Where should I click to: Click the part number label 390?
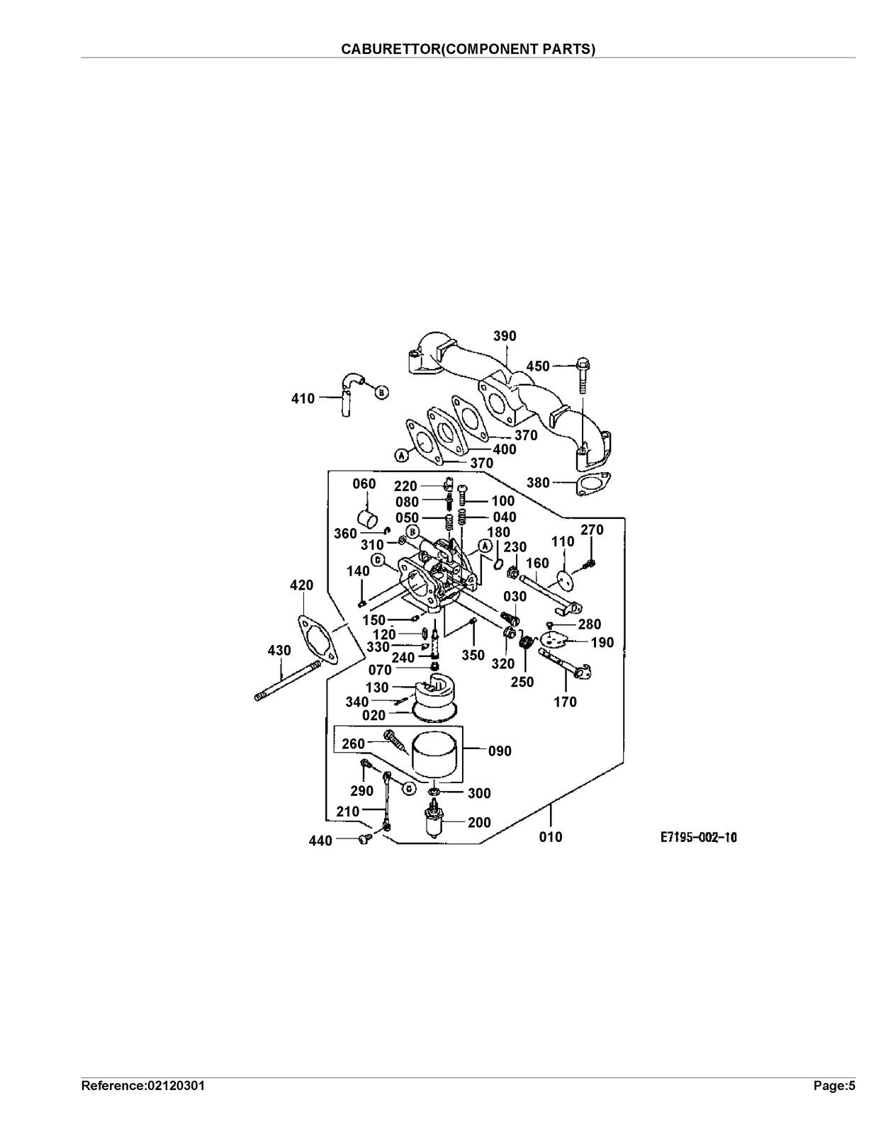coord(505,336)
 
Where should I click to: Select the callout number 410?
coord(303,399)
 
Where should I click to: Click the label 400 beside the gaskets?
coord(505,449)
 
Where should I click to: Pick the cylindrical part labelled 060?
coord(368,520)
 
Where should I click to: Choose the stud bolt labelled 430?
coord(287,682)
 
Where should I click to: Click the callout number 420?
coord(301,585)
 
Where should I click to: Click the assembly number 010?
coord(551,837)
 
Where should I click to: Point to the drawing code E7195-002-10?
coord(699,838)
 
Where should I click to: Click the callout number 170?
coord(566,702)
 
